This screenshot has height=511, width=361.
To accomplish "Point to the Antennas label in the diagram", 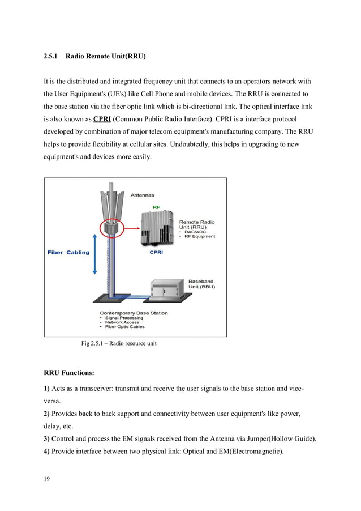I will [x=143, y=195].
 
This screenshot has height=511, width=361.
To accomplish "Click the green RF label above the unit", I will [x=156, y=207].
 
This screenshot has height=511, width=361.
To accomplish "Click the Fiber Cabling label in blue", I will [x=68, y=252].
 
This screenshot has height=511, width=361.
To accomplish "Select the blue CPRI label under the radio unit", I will [x=157, y=253].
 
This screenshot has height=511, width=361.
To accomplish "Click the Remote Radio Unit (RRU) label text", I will [x=197, y=224].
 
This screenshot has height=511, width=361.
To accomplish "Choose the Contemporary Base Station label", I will [x=134, y=313].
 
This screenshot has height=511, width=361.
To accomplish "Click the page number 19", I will [x=47, y=480].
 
